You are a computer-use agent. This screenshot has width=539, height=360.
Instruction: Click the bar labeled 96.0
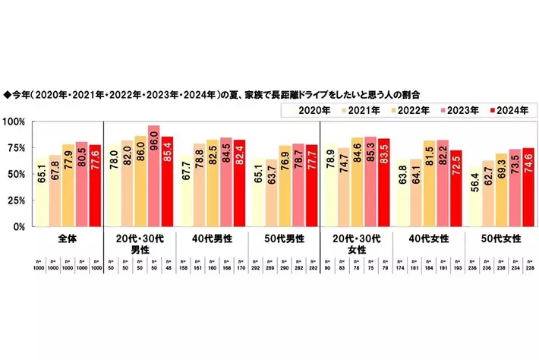(154, 176)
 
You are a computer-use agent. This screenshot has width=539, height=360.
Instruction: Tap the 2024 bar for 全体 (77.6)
(96, 185)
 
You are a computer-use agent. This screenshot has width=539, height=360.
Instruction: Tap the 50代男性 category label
(285, 238)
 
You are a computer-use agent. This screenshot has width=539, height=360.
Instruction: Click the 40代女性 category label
(431, 238)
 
